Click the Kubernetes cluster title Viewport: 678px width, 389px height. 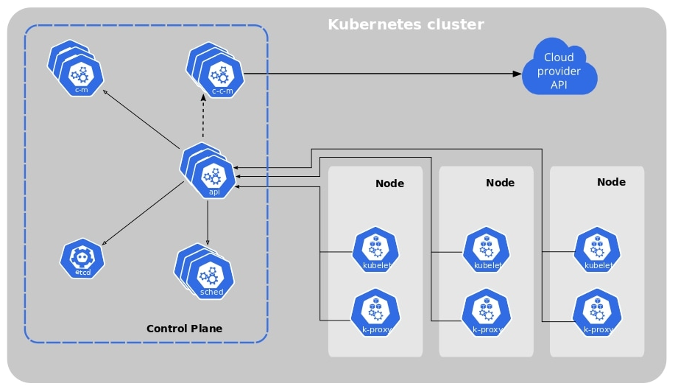(406, 24)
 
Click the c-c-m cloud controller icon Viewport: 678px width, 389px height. (221, 77)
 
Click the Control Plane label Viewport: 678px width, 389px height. (184, 329)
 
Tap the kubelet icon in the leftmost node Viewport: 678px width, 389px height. (375, 250)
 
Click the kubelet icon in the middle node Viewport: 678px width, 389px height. (486, 250)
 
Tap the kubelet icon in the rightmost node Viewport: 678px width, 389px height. (597, 250)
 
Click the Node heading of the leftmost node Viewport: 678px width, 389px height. (389, 183)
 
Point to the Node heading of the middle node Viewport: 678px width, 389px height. (500, 183)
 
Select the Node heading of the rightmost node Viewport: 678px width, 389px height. (611, 182)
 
